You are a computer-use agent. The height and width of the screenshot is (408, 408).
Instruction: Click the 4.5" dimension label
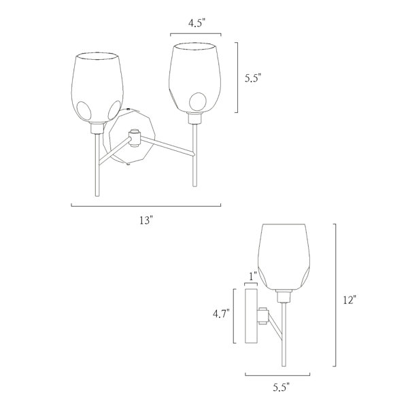197,23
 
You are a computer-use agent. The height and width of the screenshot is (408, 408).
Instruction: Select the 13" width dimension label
146,220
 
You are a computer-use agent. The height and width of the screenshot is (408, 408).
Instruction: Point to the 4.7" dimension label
221,314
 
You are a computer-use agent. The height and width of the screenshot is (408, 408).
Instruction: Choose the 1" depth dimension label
253,276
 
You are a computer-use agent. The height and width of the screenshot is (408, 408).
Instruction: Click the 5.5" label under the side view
281,388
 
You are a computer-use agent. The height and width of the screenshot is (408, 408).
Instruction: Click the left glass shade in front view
97,88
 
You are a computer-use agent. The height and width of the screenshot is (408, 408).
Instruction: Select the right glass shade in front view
195,78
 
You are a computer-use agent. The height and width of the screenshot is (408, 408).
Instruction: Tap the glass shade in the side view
284,257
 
